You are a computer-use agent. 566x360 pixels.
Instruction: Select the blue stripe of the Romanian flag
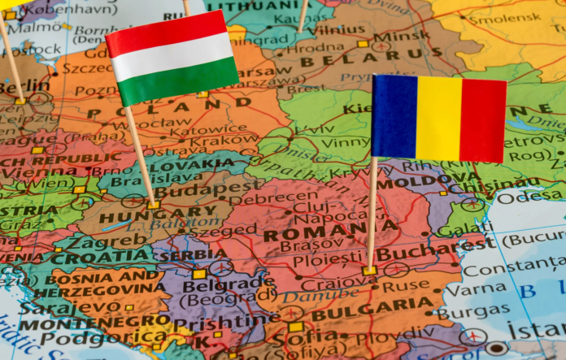394,116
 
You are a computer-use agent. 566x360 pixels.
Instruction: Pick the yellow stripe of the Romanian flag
438,119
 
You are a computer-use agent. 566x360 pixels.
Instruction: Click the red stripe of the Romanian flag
482,121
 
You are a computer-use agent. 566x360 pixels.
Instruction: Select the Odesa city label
529,197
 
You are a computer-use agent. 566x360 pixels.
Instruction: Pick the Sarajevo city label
50,308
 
